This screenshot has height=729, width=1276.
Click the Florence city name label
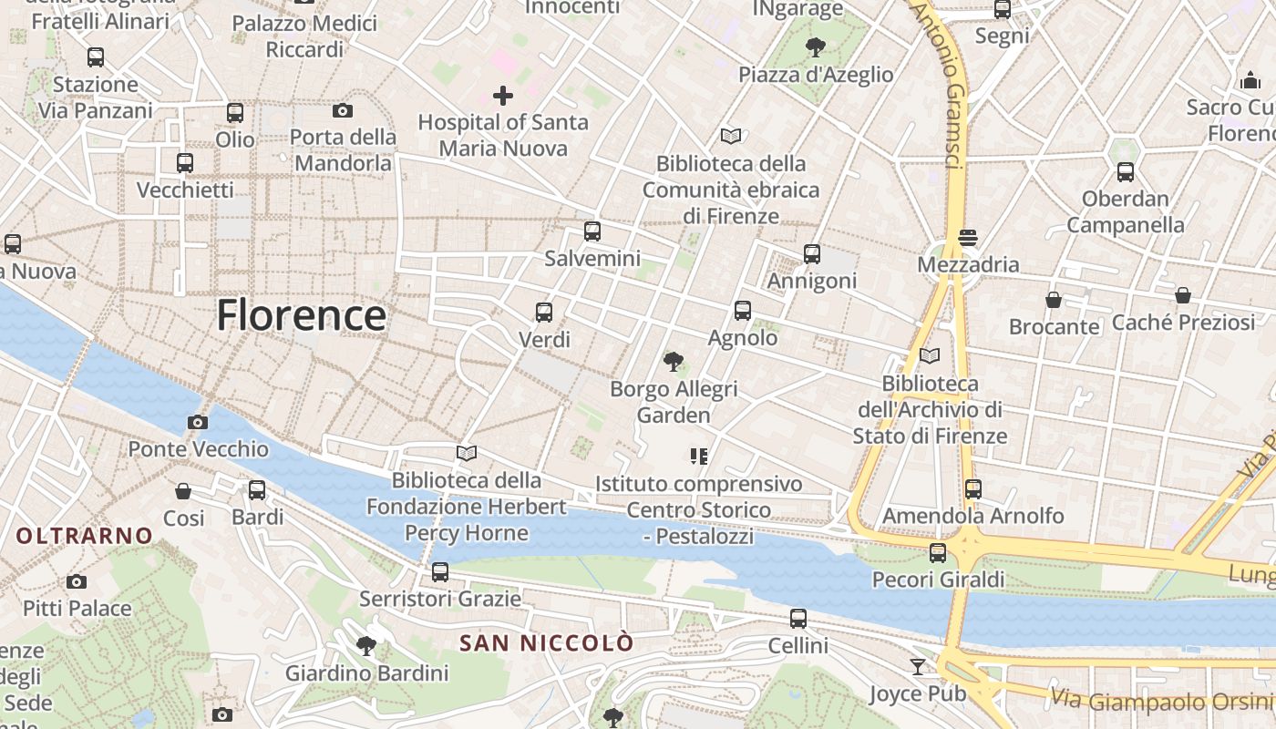pyautogui.click(x=301, y=315)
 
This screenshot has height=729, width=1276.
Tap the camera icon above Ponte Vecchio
pyautogui.click(x=197, y=422)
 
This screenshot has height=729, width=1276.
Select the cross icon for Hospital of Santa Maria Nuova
pyautogui.click(x=502, y=95)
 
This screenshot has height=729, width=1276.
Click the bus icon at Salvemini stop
pyautogui.click(x=592, y=231)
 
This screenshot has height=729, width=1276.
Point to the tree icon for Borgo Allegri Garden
pyautogui.click(x=674, y=362)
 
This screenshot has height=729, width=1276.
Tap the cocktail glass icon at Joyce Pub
pyautogui.click(x=918, y=667)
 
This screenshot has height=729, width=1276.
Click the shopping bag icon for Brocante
pyautogui.click(x=1054, y=299)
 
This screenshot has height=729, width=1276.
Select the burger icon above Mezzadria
pyautogui.click(x=968, y=238)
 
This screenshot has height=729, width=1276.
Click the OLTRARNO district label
pyautogui.click(x=84, y=536)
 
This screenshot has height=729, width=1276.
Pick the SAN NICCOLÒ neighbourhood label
pyautogui.click(x=546, y=643)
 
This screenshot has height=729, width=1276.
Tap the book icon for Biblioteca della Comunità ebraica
pyautogui.click(x=731, y=136)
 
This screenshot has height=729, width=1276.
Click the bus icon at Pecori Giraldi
pyautogui.click(x=937, y=552)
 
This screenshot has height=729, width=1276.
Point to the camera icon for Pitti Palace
pyautogui.click(x=77, y=581)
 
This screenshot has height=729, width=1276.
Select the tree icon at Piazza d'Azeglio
pyautogui.click(x=816, y=46)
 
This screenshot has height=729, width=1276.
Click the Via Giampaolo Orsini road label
pyautogui.click(x=1161, y=700)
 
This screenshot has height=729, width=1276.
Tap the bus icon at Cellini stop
pyautogui.click(x=798, y=619)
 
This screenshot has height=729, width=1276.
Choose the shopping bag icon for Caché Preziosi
pyautogui.click(x=1182, y=295)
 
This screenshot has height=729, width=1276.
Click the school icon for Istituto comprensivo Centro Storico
pyautogui.click(x=699, y=456)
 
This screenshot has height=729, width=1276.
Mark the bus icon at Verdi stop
pyautogui.click(x=544, y=313)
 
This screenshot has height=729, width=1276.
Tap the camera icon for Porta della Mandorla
pyautogui.click(x=343, y=110)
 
